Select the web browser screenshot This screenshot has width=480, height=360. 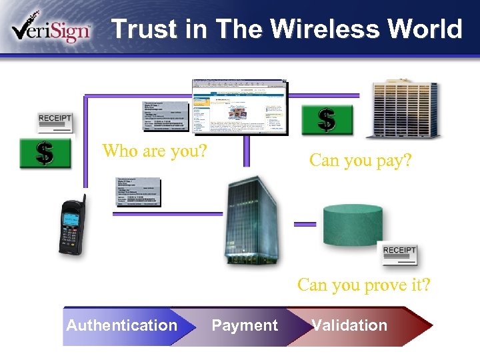pos(240,107)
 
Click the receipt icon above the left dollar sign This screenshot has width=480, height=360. pos(55,122)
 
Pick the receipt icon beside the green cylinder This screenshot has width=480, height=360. pos(399,254)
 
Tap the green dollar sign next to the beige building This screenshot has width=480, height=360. pos(326,120)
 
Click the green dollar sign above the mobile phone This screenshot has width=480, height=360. pos(45,153)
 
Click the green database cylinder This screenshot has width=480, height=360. pos(352,225)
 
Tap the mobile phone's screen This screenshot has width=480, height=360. pos(72,218)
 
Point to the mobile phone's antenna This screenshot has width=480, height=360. pos(83,202)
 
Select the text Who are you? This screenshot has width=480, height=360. pos(154,151)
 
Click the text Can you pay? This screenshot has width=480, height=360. pos(361,160)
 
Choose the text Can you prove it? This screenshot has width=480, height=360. pos(364,285)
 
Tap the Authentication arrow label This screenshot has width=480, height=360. pos(121,325)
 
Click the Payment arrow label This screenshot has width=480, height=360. pos(245,325)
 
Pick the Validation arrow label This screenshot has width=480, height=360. pos(349,325)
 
